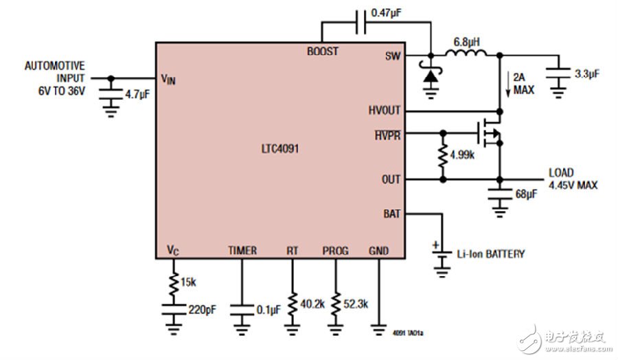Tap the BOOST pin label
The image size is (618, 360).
point(323,52)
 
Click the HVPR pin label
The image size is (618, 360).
point(387,135)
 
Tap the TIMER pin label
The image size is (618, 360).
point(242,251)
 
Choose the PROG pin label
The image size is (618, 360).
point(335,251)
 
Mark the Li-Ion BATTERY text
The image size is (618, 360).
point(490,254)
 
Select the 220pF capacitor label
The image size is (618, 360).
point(203,308)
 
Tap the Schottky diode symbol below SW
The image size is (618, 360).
point(431,75)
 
